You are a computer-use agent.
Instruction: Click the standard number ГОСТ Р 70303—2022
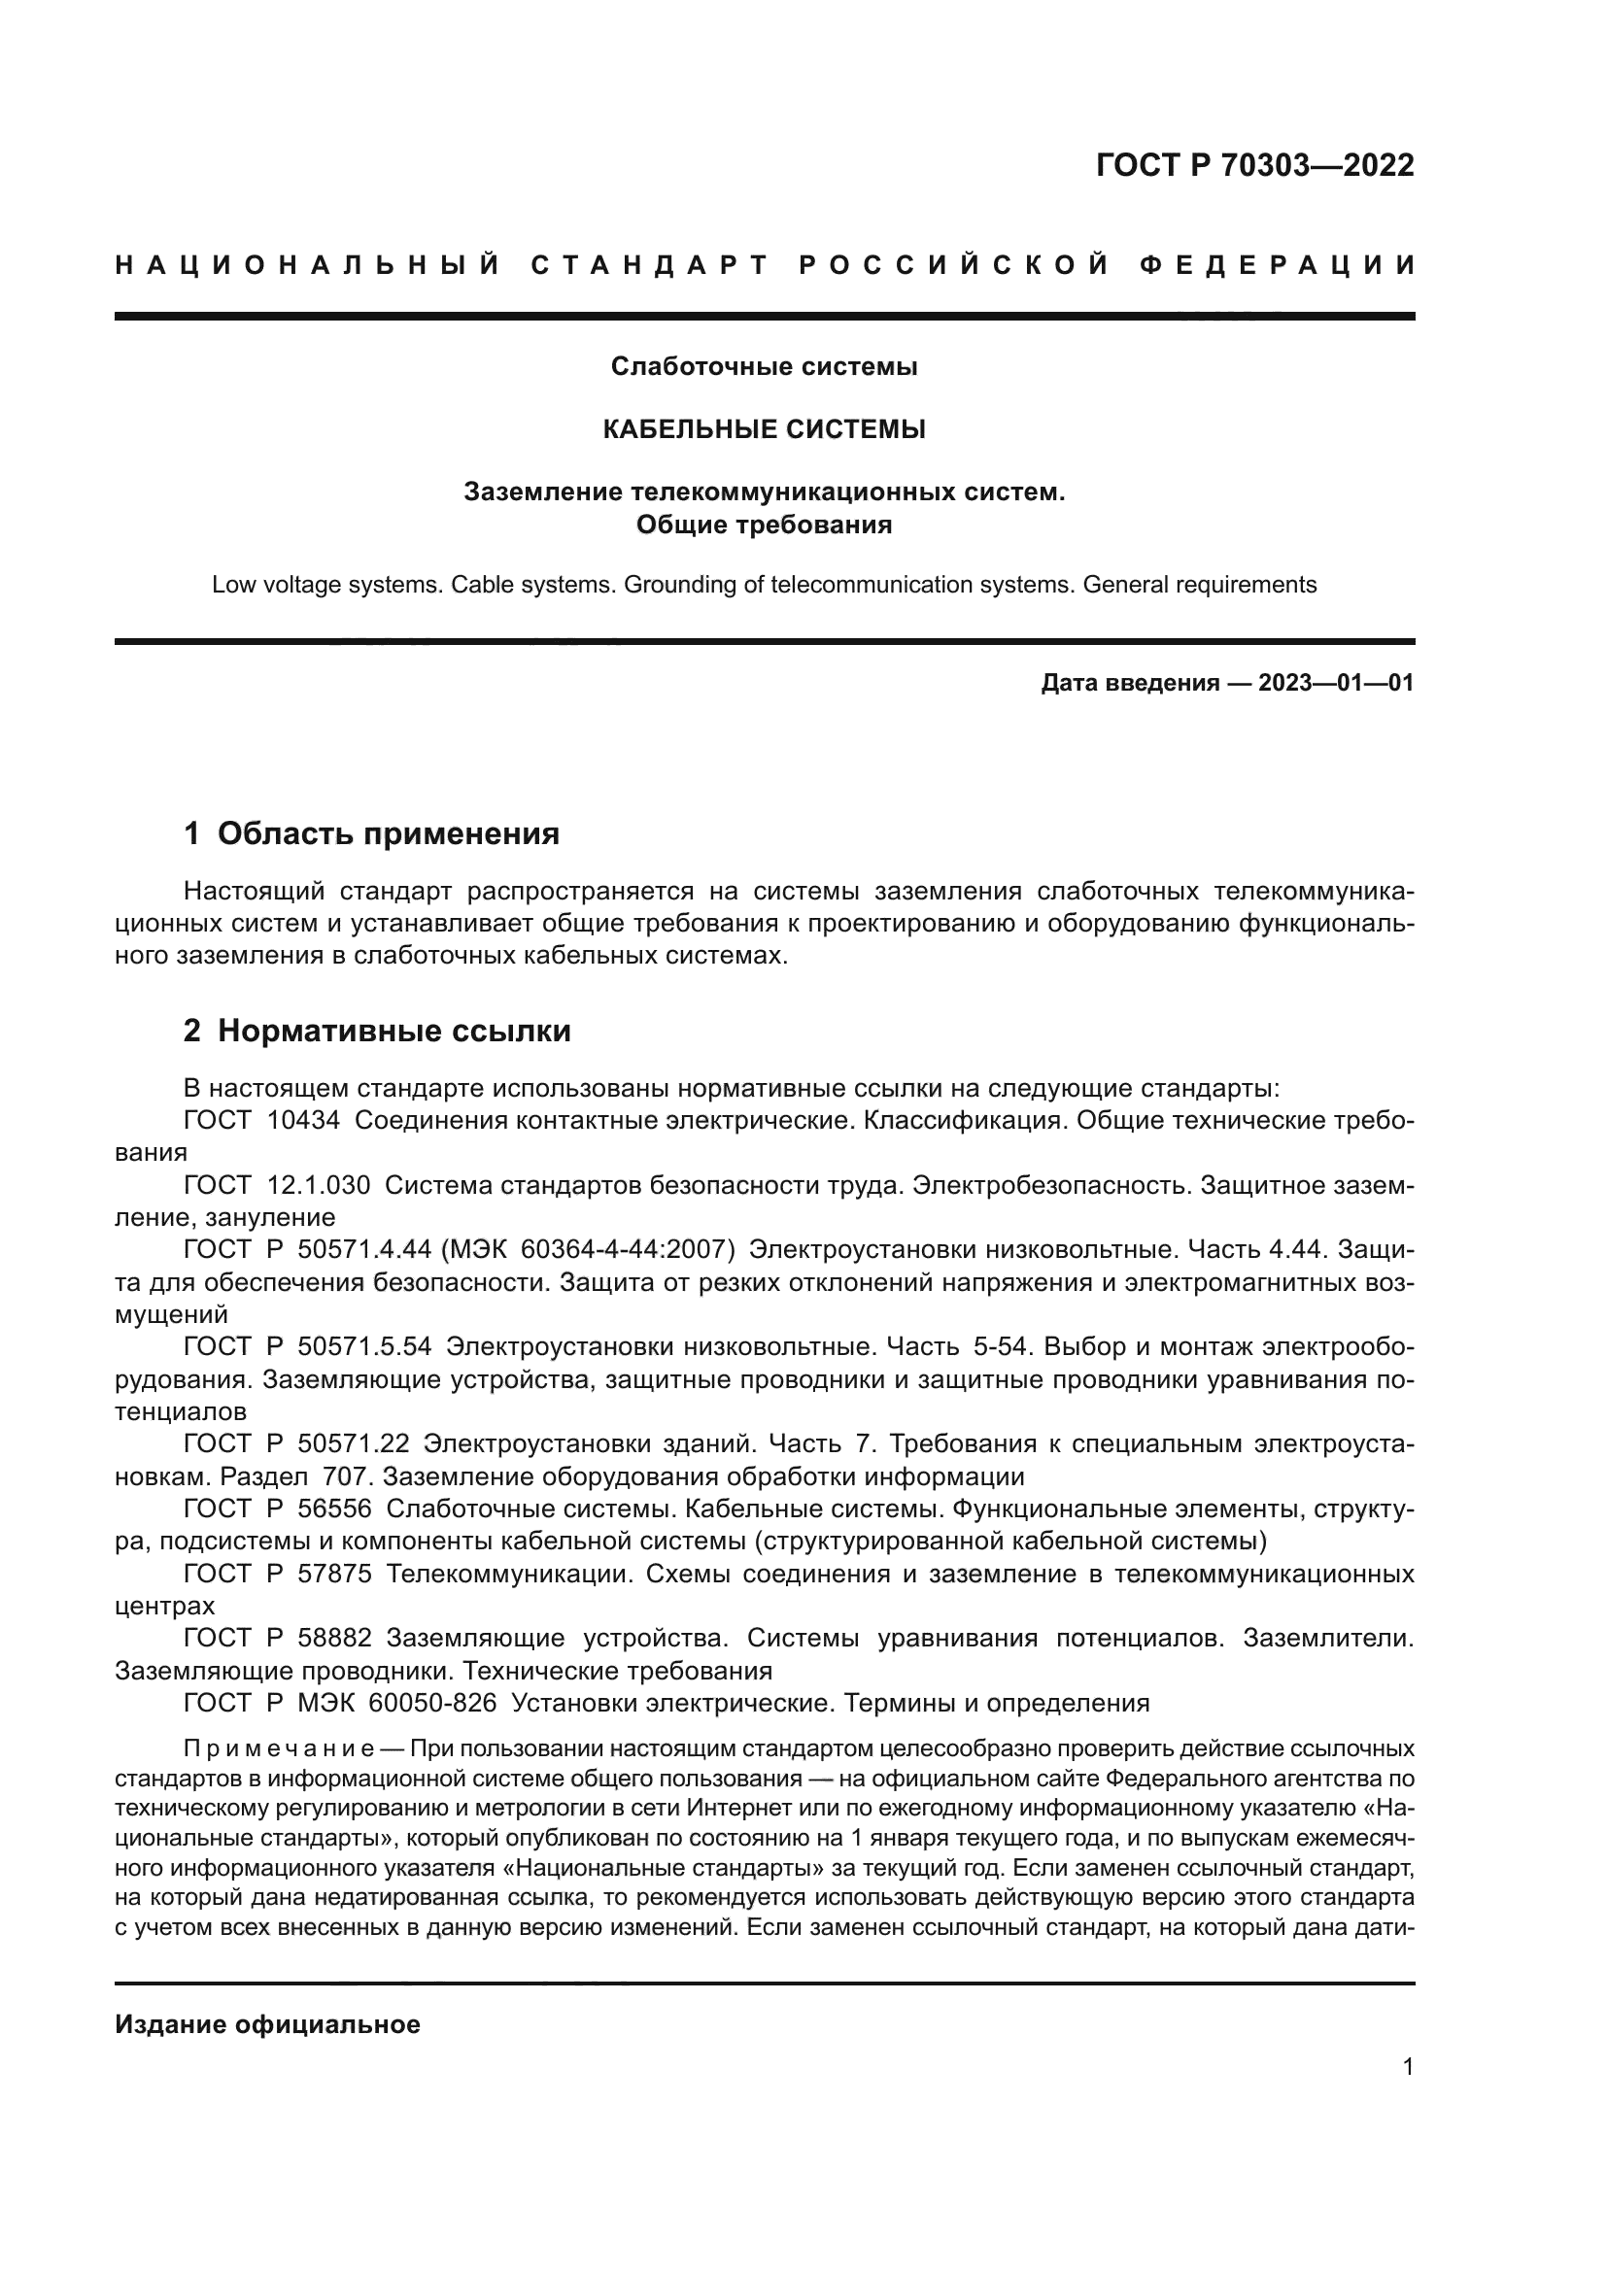[x=1254, y=166]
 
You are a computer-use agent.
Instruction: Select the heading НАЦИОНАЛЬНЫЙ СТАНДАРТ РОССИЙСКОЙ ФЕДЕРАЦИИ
[x=765, y=265]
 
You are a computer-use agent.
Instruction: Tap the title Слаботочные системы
[x=764, y=367]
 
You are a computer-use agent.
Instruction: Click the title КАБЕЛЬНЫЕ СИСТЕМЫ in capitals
[x=764, y=429]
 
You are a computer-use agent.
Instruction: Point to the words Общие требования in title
[x=764, y=525]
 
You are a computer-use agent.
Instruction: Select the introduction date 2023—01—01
[x=1336, y=683]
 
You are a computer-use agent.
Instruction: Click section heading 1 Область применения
[x=372, y=834]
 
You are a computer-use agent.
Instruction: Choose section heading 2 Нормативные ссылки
[x=377, y=1032]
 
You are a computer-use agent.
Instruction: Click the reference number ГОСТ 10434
[x=262, y=1121]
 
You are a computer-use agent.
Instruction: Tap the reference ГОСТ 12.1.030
[x=277, y=1185]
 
